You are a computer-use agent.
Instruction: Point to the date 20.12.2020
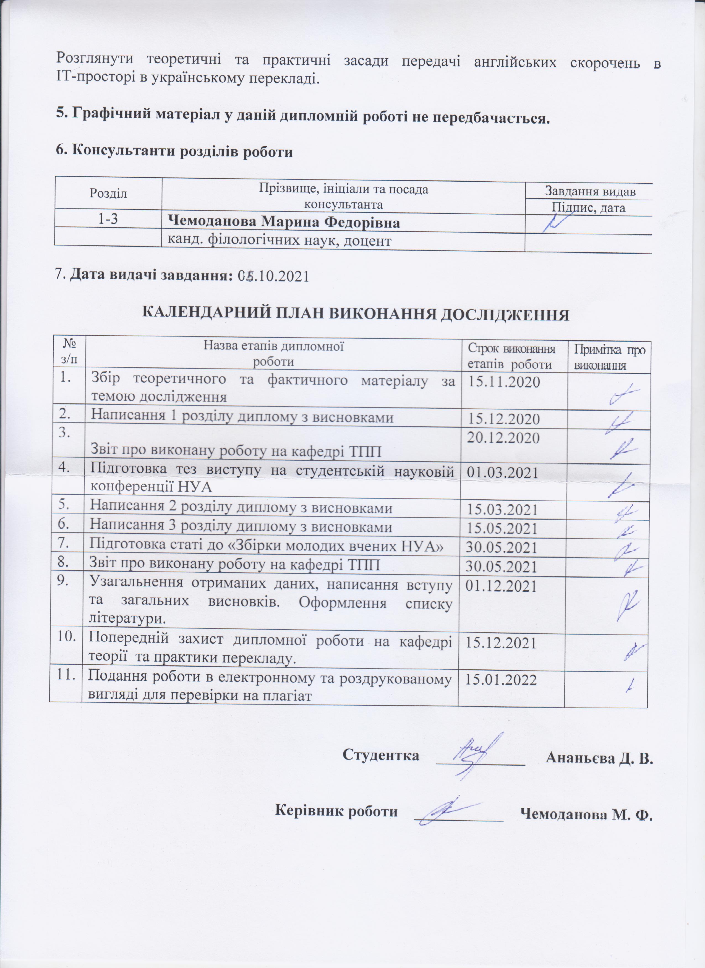pos(503,438)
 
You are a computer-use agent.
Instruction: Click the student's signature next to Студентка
pos(476,753)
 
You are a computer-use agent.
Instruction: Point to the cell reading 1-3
pos(108,219)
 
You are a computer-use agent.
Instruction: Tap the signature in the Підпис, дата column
pos(557,222)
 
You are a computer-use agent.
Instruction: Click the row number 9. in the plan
pos(65,582)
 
